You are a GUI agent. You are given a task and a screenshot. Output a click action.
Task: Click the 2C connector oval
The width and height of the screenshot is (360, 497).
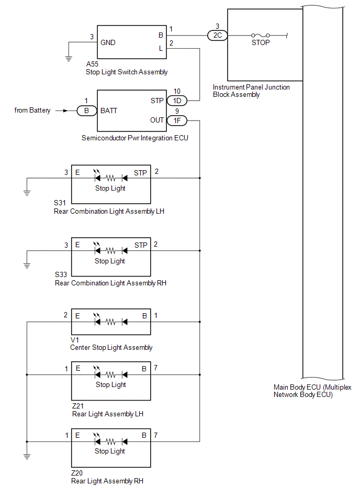pyautogui.click(x=217, y=36)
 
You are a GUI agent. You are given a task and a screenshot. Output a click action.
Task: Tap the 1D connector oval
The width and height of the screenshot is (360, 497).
pyautogui.click(x=176, y=101)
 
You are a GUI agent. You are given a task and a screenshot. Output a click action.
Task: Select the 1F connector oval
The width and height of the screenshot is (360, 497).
pyautogui.click(x=176, y=120)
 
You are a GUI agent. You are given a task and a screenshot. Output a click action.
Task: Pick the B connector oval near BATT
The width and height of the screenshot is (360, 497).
pyautogui.click(x=86, y=111)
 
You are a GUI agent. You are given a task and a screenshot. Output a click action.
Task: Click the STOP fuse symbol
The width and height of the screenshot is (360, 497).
pyautogui.click(x=261, y=36)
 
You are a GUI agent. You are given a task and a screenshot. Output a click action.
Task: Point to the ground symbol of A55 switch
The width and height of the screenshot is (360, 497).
pyautogui.click(x=68, y=58)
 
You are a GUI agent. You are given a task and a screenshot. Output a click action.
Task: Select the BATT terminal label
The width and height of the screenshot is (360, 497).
pyautogui.click(x=109, y=111)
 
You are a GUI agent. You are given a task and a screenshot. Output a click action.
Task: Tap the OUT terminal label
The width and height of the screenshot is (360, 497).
pyautogui.click(x=156, y=120)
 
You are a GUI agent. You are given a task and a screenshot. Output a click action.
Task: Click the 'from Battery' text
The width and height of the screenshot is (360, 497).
pyautogui.click(x=32, y=111)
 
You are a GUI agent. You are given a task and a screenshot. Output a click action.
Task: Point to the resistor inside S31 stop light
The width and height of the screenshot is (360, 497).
pyautogui.click(x=110, y=178)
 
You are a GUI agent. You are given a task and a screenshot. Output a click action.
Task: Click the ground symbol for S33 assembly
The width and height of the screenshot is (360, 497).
pyautogui.click(x=27, y=265)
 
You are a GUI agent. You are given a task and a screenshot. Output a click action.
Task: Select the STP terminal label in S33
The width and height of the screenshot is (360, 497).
pyautogui.click(x=141, y=245)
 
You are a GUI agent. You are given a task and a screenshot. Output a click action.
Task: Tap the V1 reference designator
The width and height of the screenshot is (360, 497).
pyautogui.click(x=74, y=340)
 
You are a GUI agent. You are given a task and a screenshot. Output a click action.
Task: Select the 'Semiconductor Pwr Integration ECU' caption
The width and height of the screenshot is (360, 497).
pyautogui.click(x=135, y=138)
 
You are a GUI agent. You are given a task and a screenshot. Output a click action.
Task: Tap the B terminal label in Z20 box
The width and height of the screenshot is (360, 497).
pyautogui.click(x=144, y=435)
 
